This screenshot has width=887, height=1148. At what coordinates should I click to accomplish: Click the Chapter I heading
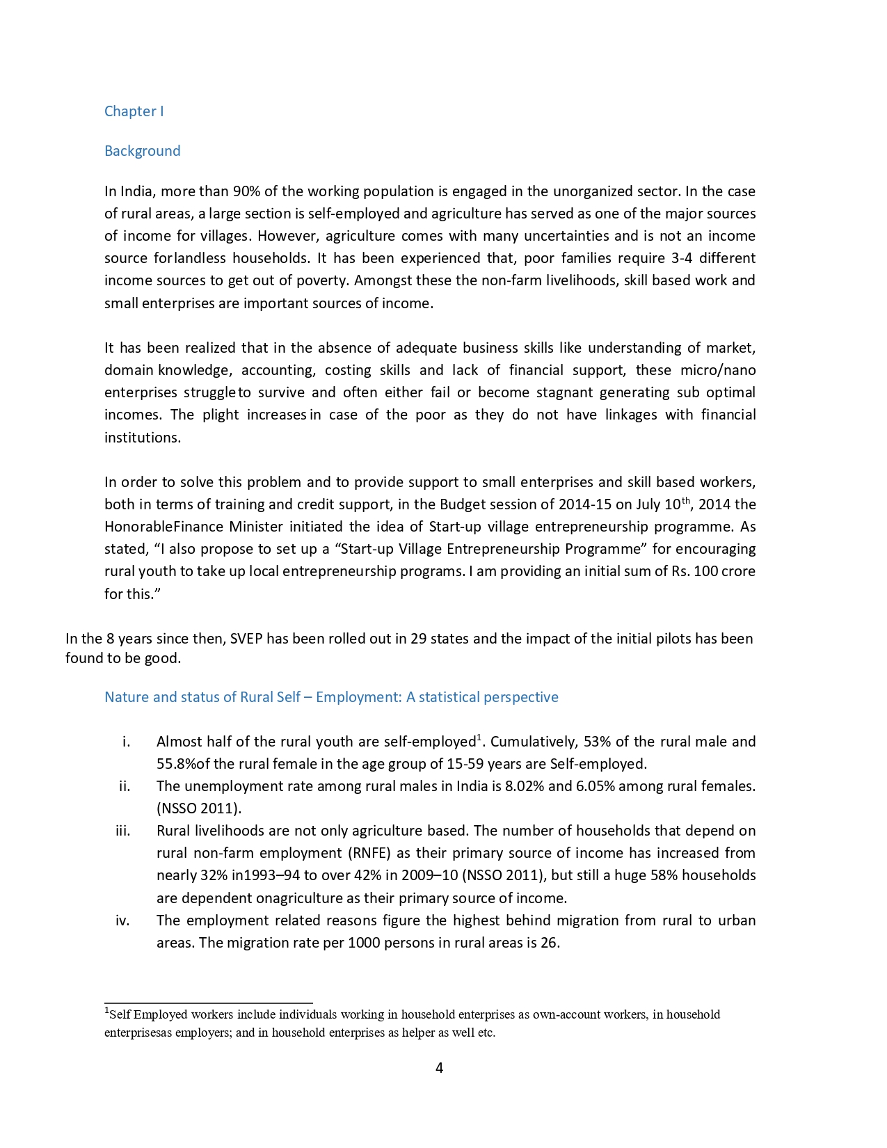click(134, 111)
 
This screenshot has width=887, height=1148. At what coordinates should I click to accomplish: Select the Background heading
click(142, 151)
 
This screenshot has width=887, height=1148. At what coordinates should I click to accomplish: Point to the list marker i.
click(126, 742)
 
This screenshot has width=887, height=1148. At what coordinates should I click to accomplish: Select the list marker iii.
click(123, 831)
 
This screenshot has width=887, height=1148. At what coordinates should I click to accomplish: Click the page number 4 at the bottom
click(439, 1067)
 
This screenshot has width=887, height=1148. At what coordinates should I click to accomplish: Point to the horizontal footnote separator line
click(208, 1003)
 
